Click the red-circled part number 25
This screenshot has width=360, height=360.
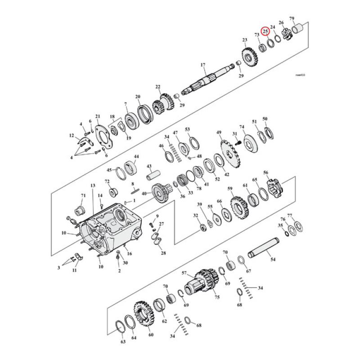265,31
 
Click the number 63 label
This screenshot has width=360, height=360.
123,342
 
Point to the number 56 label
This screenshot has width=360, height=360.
265,173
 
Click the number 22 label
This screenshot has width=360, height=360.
158,87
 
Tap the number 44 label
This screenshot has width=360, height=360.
136,157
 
